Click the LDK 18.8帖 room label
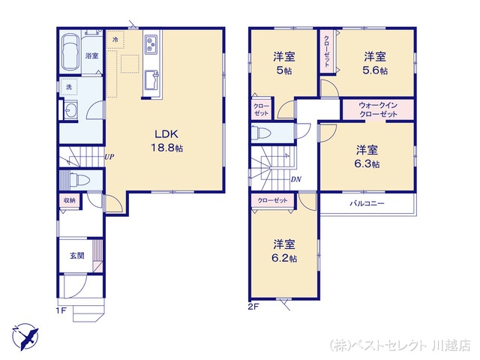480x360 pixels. point(166,141)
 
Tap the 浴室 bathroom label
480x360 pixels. point(91,55)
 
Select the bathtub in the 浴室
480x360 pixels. point(71,52)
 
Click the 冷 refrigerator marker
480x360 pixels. point(115,40)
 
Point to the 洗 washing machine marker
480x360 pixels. point(69,87)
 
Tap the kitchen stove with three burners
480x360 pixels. point(151,43)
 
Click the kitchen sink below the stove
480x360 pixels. point(151,79)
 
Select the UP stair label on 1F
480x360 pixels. point(109,157)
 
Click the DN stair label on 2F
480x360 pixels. point(296,179)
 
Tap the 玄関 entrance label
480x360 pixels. point(76,255)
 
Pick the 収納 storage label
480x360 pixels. point(70,200)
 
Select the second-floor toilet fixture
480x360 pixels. point(261,133)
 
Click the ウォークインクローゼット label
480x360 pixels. point(378,109)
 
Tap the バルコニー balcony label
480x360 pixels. point(367,203)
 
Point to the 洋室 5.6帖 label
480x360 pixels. point(375,63)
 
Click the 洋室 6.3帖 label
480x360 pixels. point(367,157)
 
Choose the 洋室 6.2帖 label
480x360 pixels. point(284,251)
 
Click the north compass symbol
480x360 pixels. point(25,337)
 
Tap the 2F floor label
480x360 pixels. point(253,307)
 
